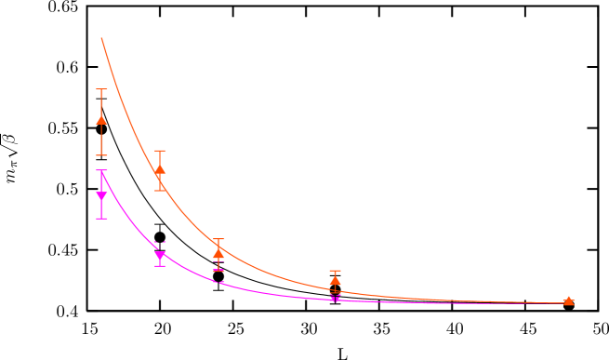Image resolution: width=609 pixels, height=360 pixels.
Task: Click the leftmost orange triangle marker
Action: click(x=101, y=118)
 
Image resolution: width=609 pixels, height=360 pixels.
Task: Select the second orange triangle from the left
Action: click(x=160, y=169)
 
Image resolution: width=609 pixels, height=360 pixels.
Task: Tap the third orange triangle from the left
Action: click(x=218, y=252)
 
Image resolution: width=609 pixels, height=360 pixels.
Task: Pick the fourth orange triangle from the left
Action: click(x=335, y=280)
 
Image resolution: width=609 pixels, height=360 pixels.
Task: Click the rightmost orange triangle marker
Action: click(x=569, y=300)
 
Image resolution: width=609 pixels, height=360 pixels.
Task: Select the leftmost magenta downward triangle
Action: click(x=101, y=195)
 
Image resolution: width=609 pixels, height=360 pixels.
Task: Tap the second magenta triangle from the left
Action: click(x=160, y=256)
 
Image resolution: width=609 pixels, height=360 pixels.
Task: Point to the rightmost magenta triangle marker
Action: click(x=335, y=299)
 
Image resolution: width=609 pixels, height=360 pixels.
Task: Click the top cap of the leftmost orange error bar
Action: click(x=101, y=89)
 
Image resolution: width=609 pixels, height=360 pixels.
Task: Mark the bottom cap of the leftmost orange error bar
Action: click(x=101, y=154)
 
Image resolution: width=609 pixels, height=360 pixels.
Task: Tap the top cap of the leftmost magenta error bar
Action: click(x=101, y=171)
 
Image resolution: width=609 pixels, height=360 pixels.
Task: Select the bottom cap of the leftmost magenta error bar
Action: click(x=101, y=218)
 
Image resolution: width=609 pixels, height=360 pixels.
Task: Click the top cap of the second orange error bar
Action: click(x=160, y=151)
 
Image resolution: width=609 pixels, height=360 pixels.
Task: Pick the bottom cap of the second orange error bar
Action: click(x=160, y=190)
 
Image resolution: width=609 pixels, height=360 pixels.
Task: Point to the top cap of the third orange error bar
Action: click(x=218, y=239)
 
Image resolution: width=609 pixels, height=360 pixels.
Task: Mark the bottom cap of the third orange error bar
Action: click(x=218, y=270)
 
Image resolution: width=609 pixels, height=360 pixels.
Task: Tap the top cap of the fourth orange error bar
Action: click(x=335, y=271)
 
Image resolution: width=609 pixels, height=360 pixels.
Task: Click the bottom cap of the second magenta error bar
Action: click(x=160, y=266)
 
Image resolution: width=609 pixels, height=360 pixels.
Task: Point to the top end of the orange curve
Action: click(x=101, y=38)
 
